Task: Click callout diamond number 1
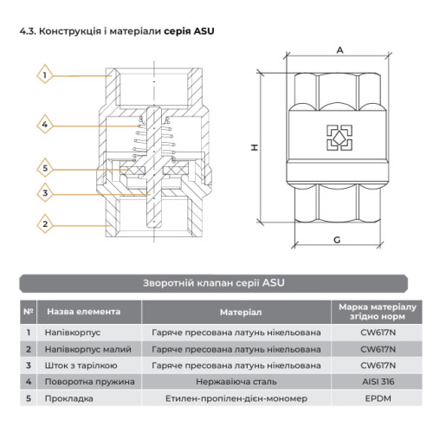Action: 45,74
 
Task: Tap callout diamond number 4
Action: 45,125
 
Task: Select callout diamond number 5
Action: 45,168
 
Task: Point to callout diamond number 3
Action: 45,193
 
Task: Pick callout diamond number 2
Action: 45,223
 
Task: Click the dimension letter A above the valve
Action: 340,50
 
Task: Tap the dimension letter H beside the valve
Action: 255,147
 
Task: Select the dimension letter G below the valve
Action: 337,240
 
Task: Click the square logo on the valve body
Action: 339,138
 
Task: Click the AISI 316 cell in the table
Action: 378,382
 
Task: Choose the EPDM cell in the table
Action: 378,398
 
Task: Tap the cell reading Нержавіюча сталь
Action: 236,382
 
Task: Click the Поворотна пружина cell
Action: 89,382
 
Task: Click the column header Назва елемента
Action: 84,312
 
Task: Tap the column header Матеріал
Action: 241,312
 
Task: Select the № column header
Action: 29,312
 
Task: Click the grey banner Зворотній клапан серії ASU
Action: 214,283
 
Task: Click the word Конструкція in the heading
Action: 69,31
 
